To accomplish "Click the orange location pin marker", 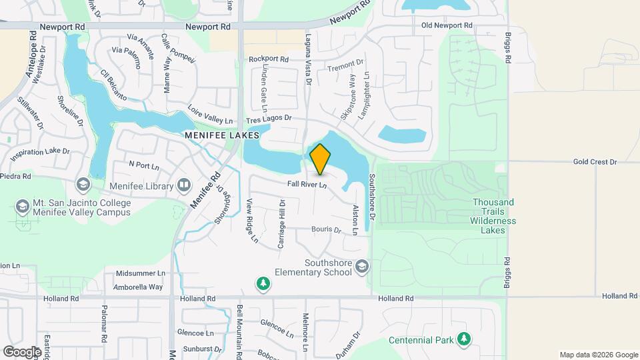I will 320,159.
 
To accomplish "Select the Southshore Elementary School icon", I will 361,267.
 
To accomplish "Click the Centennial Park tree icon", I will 464,340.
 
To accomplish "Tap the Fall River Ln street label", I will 307,184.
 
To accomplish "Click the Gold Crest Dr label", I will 595,162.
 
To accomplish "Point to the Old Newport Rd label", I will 447,25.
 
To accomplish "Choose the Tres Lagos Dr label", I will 269,119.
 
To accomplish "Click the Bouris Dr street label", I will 326,230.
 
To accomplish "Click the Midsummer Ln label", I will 140,273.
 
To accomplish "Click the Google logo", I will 22,351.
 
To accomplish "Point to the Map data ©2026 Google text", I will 598,355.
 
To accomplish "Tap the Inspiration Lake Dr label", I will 39,152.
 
